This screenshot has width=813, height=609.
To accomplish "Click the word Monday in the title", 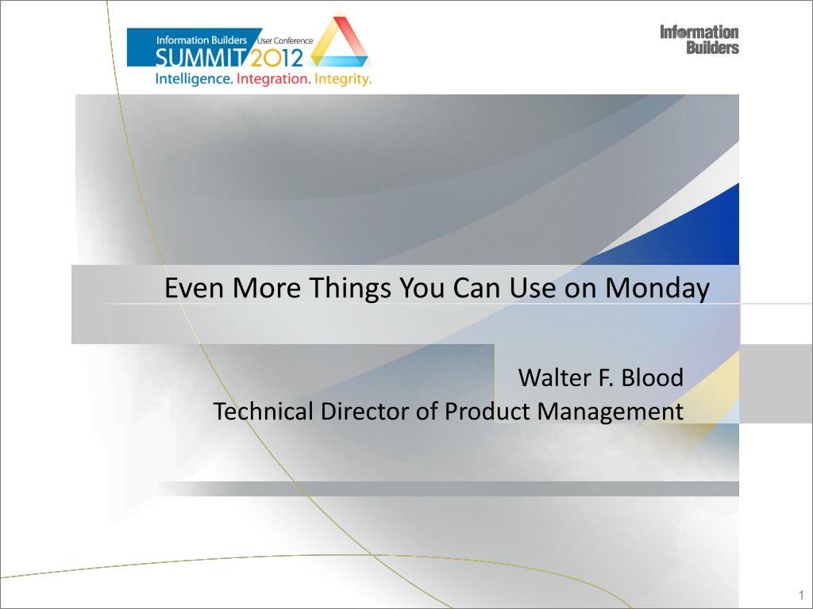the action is [x=657, y=288].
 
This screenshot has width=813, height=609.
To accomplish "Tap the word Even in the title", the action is [x=195, y=287].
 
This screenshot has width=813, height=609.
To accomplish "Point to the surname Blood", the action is [x=653, y=377].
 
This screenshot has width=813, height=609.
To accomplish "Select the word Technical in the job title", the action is [x=264, y=412].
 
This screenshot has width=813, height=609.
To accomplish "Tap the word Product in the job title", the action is [x=488, y=412].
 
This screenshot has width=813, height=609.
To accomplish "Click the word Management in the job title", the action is [x=611, y=412].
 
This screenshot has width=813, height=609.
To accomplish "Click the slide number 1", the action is [x=802, y=594].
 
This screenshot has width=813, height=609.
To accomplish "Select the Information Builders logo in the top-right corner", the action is [x=699, y=40].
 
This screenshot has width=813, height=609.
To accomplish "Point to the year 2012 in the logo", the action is [x=276, y=58].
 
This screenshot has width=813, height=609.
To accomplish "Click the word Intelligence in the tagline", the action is [x=194, y=80].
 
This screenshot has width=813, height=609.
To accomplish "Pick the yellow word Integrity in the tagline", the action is [x=343, y=80].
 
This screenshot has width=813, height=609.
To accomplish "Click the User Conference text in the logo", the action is [x=285, y=41].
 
